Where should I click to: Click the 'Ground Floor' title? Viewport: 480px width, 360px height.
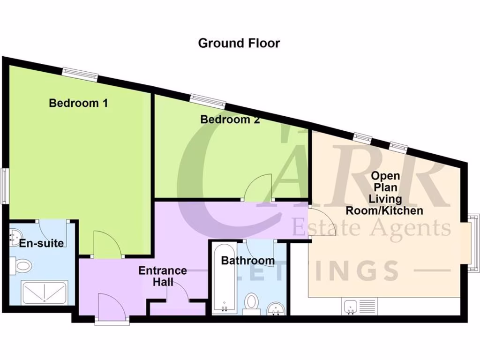pos(239,43)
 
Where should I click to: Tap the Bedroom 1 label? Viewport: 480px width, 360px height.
pos(78,103)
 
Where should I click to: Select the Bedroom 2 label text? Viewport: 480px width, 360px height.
pos(230,120)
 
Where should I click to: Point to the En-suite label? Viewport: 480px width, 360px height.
pos(41,243)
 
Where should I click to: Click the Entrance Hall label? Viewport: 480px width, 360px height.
pos(163,276)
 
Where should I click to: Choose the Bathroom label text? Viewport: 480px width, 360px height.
pos(247,260)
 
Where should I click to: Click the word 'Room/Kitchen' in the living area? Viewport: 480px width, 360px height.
pos(384,210)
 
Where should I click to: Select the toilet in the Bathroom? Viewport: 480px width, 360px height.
pos(253,302)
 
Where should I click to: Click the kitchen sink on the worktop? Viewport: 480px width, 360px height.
pos(351,307)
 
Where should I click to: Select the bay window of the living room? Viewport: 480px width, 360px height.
pos(473,243)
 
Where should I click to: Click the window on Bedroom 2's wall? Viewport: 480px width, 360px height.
pos(207,100)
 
